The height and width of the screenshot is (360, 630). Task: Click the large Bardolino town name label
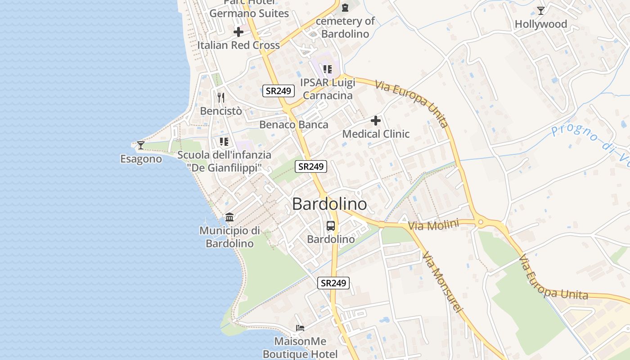click(x=329, y=204)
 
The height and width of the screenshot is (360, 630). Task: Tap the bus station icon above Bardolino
click(x=331, y=226)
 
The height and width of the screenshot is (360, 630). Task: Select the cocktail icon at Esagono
click(x=141, y=145)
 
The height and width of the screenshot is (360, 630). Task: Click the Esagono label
click(x=141, y=159)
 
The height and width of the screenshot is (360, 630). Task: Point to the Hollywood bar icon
click(x=541, y=10)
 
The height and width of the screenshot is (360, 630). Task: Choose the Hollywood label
click(x=541, y=24)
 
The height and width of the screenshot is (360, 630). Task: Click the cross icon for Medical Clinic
click(x=376, y=121)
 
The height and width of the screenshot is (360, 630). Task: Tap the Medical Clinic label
click(x=376, y=134)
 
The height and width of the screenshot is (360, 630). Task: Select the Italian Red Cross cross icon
click(x=238, y=32)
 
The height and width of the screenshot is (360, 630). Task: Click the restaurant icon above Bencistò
click(x=221, y=97)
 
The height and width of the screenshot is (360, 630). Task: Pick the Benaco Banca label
click(x=294, y=125)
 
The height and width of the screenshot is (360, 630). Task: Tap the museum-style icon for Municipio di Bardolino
click(x=229, y=217)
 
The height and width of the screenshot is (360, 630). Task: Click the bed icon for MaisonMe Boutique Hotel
click(x=300, y=328)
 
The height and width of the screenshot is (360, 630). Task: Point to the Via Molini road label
click(x=433, y=225)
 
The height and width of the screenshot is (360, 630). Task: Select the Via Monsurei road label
click(x=442, y=282)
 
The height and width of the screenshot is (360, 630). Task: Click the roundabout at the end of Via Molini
click(x=481, y=222)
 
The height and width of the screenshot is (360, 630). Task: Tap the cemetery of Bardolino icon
click(x=345, y=8)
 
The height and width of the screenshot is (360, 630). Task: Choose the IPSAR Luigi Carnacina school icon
click(x=328, y=69)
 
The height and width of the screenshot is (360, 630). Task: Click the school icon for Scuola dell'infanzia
click(x=224, y=142)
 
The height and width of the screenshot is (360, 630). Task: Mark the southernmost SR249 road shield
click(x=333, y=283)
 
